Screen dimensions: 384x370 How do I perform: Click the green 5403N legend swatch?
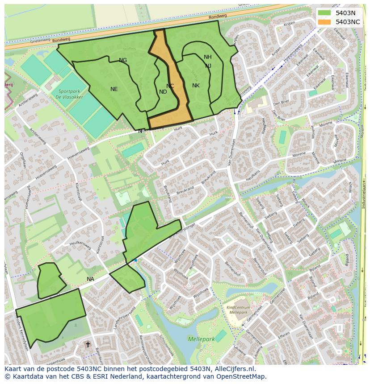(325, 13)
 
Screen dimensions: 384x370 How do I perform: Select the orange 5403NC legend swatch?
(325, 21)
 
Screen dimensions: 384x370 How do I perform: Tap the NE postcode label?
(114, 89)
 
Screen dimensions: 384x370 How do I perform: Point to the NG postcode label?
(123, 60)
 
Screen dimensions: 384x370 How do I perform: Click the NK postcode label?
(196, 86)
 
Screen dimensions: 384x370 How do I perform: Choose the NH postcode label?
(207, 57)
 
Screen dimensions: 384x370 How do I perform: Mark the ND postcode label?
(163, 92)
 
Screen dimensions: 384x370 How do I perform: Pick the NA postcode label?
(90, 279)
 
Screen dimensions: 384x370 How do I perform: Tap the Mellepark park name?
(201, 339)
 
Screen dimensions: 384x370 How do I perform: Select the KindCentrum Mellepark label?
(238, 310)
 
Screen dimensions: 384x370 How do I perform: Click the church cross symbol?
(88, 344)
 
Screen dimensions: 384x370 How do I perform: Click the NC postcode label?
(170, 86)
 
